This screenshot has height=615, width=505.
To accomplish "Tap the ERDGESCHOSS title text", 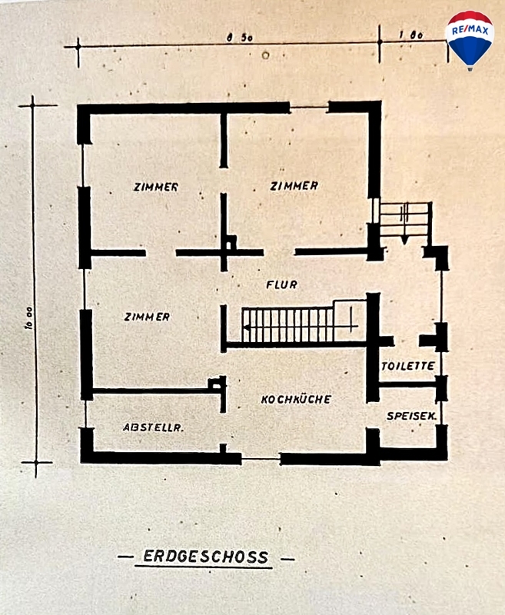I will pos(205,557).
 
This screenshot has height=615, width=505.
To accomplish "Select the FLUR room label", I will pos(281,284).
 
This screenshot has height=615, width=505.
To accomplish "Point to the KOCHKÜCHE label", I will pos(296,400).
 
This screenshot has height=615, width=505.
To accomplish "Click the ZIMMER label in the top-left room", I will pos(155,187).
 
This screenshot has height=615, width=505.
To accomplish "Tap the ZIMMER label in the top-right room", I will pos(294,186).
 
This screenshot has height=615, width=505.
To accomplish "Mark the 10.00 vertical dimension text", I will pos(27,319).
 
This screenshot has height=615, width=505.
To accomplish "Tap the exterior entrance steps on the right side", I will pos(404,220).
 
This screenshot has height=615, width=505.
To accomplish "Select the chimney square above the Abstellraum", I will pos(218,384).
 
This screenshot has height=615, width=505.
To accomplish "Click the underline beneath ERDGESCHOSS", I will pos(204,567).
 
